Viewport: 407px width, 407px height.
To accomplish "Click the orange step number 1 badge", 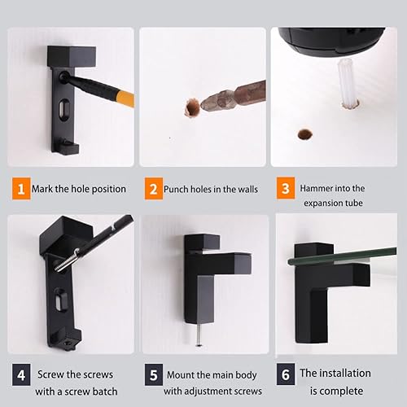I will coord(19,188).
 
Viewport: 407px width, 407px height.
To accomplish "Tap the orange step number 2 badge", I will coord(152,188).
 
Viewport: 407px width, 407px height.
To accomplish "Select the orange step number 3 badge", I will coord(283,189).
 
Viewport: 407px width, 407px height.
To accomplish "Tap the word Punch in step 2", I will coord(178,189).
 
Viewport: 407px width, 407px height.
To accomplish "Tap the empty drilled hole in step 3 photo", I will coord(305,133).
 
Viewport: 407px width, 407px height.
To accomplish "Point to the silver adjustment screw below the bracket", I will coord(199,335).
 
